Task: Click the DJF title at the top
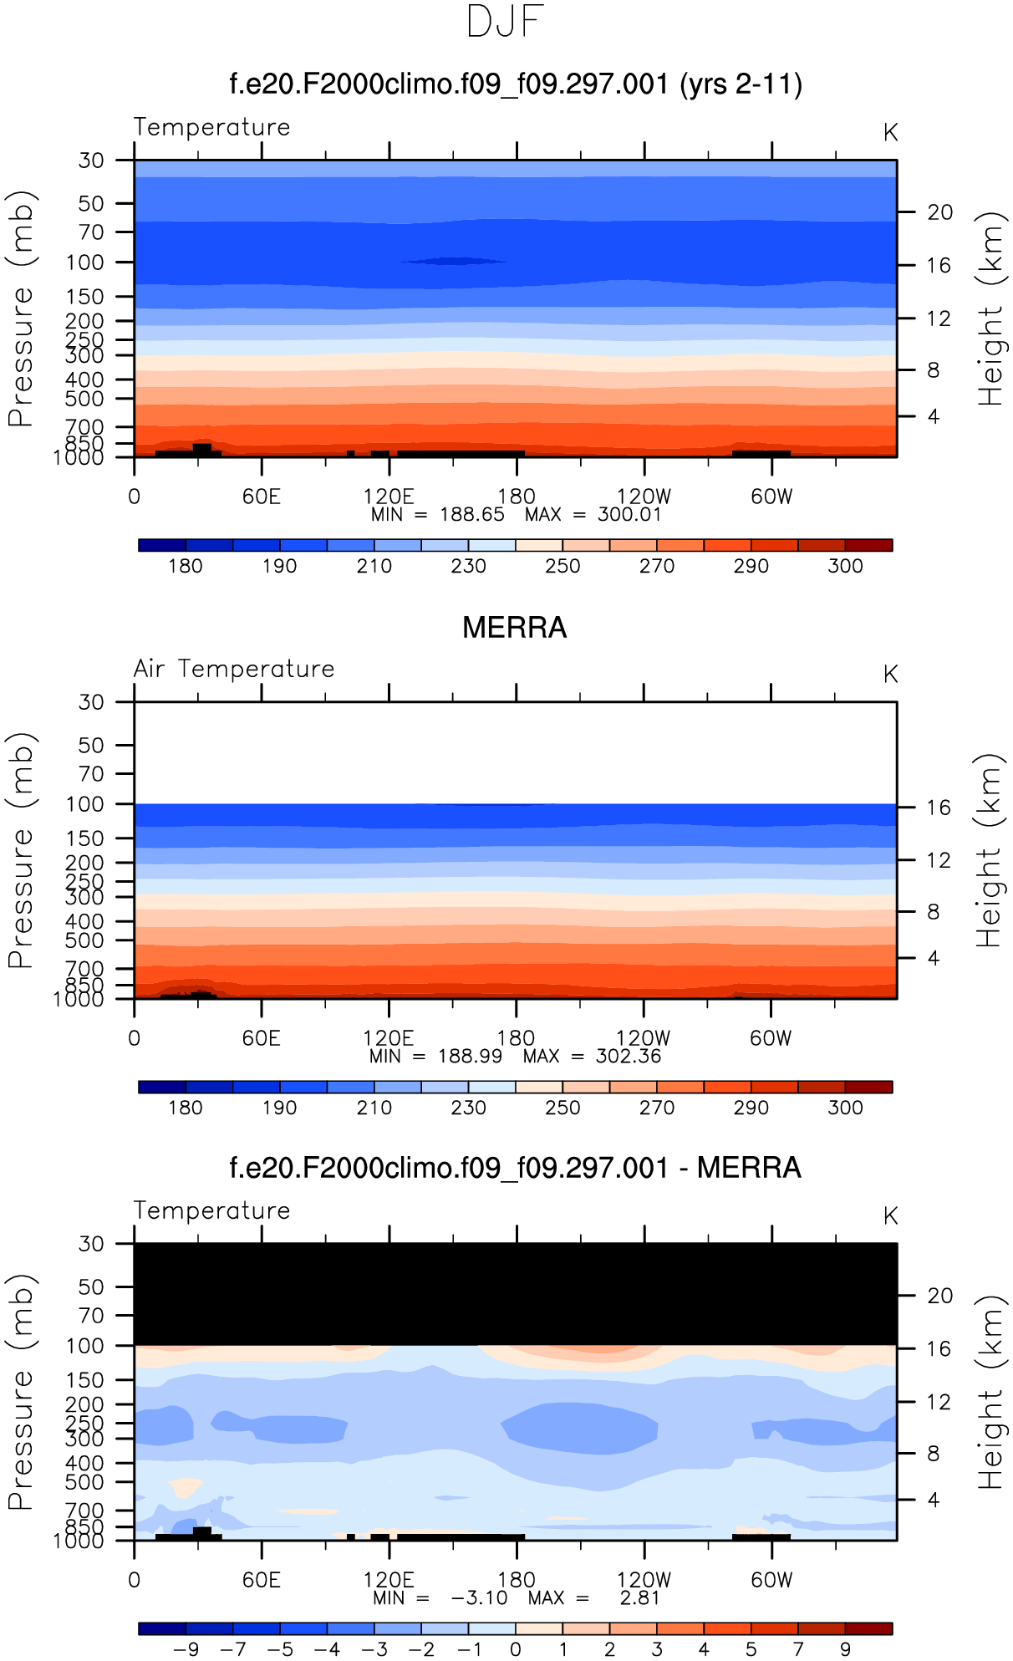coord(505,22)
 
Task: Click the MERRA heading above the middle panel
coord(514,627)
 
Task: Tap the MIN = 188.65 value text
coord(472,514)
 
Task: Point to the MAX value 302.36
coord(628,1056)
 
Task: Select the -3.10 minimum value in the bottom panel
coord(479,1597)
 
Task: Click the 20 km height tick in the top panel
coord(939,212)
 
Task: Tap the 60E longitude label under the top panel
coord(261,497)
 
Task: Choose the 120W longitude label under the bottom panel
coord(644,1580)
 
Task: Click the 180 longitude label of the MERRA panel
coord(516,1038)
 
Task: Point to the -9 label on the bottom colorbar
coord(186,1649)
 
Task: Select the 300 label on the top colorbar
coord(845,566)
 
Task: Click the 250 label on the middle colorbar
coord(562,1108)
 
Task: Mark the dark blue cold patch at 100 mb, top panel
coord(454,261)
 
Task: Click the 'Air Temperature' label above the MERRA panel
coord(234,669)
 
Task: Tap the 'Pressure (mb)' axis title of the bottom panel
coord(22,1392)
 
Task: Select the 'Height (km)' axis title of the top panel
coord(991,309)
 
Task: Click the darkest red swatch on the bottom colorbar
coord(869,1628)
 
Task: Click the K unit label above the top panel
coord(890,133)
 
